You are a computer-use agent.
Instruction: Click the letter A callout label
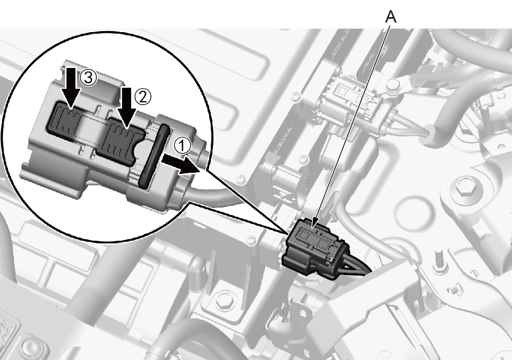pyautogui.click(x=391, y=17)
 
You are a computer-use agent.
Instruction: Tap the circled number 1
pyautogui.click(x=182, y=146)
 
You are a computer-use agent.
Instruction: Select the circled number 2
pyautogui.click(x=143, y=97)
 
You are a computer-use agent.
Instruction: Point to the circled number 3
pyautogui.click(x=88, y=79)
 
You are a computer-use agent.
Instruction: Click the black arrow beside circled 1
pyautogui.click(x=181, y=165)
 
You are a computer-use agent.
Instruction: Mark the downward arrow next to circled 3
pyautogui.click(x=71, y=87)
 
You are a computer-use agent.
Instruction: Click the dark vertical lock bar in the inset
pyautogui.click(x=154, y=156)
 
